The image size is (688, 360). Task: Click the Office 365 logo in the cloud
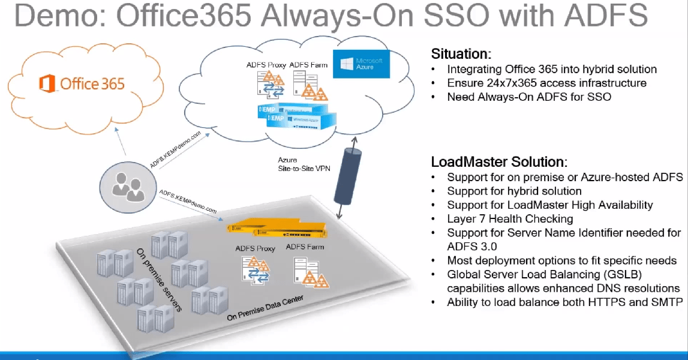82,83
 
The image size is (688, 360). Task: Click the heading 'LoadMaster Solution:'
498,162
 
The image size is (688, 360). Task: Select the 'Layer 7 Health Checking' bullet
510,219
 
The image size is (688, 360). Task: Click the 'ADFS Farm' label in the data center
307,247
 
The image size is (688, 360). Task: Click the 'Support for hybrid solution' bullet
514,191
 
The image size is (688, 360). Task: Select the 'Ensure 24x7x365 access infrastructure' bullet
546,83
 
